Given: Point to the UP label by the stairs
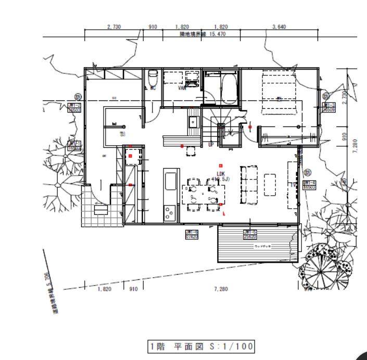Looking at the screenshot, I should coord(211,144).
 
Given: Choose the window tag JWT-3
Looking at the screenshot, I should coord(328,107).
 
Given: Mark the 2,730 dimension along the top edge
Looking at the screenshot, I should coord(113,26).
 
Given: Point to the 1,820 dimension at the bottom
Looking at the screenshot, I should coord(104,288).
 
